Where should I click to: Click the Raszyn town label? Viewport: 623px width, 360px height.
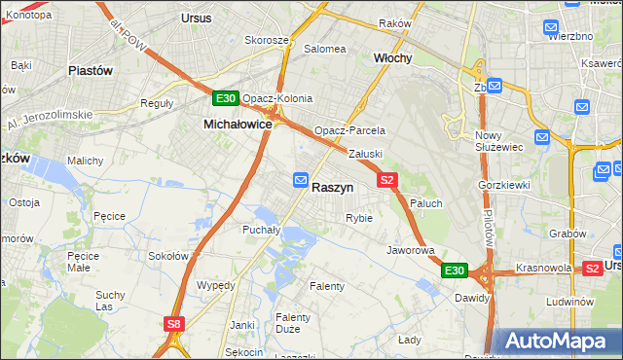(x=332, y=186)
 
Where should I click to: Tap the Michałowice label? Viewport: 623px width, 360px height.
(x=237, y=125)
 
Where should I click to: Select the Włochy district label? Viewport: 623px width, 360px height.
(x=393, y=58)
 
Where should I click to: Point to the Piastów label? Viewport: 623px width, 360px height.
(x=91, y=70)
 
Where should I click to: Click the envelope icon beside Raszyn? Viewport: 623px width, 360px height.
(x=301, y=180)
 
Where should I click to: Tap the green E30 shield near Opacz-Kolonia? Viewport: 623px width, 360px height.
(x=225, y=98)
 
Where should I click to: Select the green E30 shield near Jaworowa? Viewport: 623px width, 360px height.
(x=454, y=270)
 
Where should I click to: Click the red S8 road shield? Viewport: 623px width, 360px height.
(x=172, y=324)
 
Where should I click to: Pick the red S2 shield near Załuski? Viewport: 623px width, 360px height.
(x=387, y=180)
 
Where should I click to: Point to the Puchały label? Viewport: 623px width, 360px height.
(x=261, y=230)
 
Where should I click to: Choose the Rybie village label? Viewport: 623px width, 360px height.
(x=358, y=218)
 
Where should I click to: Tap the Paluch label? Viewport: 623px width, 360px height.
(x=426, y=202)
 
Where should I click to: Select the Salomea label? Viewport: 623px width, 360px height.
(x=325, y=48)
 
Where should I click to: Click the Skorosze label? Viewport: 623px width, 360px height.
(x=266, y=41)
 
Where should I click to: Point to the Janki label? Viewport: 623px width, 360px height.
(x=241, y=325)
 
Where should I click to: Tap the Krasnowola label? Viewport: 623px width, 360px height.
(x=542, y=267)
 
